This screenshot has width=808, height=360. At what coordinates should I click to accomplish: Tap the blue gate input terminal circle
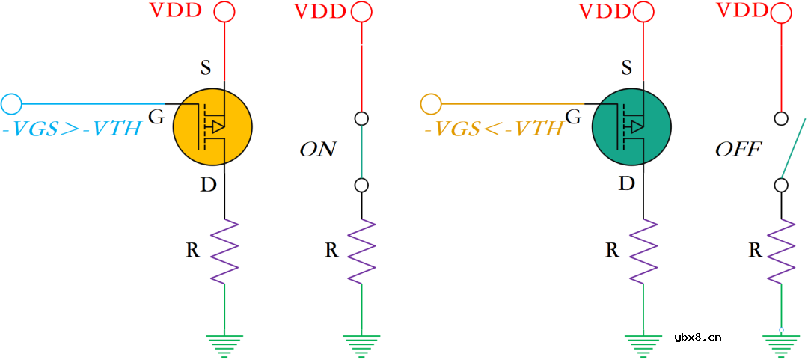11,103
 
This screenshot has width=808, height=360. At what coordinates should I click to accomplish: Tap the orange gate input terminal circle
431,103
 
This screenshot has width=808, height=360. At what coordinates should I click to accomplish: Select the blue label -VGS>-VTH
72,129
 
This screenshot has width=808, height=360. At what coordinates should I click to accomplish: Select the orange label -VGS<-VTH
493,129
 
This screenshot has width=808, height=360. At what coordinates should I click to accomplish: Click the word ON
317,150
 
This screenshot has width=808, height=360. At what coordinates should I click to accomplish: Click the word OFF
738,150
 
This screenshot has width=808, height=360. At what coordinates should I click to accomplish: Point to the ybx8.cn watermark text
697,338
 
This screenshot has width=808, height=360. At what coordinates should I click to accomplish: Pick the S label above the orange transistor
205,69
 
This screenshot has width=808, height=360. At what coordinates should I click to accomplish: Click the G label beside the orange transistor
156,117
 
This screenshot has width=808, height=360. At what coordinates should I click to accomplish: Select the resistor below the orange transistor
224,251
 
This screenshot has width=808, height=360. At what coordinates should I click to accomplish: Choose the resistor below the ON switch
362,251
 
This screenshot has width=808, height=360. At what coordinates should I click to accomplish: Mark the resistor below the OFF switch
782,251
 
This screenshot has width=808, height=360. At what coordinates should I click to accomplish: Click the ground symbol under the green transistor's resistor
643,344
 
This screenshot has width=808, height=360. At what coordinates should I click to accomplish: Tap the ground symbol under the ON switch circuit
362,344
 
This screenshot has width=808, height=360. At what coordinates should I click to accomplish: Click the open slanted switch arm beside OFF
794,147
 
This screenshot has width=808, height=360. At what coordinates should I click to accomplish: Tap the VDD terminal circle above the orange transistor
224,12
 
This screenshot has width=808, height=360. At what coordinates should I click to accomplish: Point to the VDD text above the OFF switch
742,11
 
